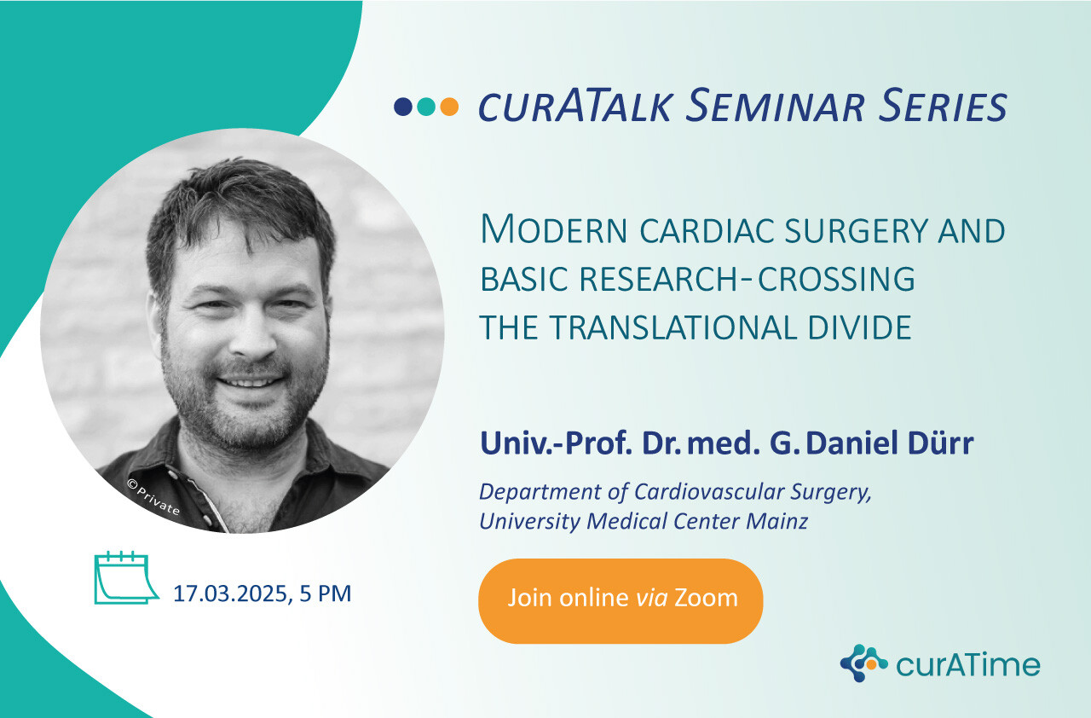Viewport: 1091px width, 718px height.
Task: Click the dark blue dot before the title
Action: click(x=403, y=107)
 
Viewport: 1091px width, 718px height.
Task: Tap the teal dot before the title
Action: click(x=426, y=107)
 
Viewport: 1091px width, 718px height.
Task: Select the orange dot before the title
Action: click(x=449, y=107)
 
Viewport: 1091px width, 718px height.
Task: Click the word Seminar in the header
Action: click(x=776, y=106)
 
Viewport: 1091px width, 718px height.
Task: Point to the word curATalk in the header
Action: click(x=575, y=106)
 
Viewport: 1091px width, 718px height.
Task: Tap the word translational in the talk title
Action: click(x=673, y=327)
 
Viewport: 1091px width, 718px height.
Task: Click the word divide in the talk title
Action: click(x=860, y=327)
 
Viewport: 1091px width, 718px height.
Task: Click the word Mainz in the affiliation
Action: click(x=777, y=521)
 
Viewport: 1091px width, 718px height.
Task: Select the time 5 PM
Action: click(x=326, y=594)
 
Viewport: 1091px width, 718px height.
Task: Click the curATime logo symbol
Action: click(x=863, y=663)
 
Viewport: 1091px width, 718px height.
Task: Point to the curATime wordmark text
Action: click(x=968, y=664)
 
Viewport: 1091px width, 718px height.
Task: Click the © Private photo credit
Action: click(x=154, y=498)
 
